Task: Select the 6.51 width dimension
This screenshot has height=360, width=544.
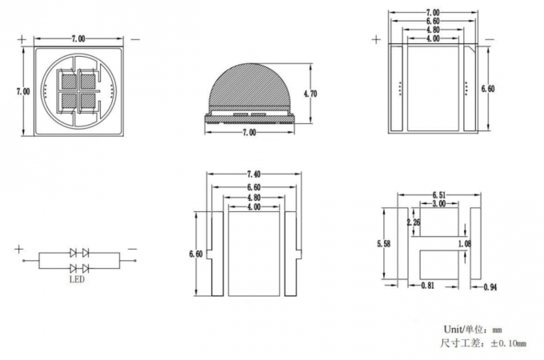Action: [x=438, y=194]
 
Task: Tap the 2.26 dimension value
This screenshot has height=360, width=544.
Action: [x=414, y=223]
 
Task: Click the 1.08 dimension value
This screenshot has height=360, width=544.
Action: [x=463, y=243]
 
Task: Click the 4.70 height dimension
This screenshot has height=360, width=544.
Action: [x=311, y=94]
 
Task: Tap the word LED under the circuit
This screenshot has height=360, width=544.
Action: [x=77, y=280]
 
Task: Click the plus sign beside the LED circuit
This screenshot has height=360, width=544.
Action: [x=19, y=250]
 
